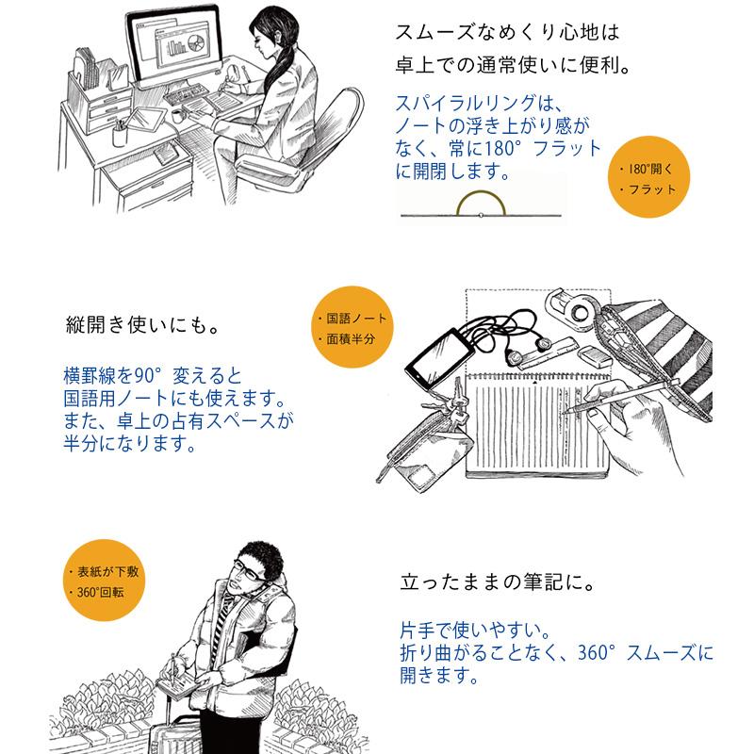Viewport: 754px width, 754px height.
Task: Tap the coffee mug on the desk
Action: click(x=177, y=114)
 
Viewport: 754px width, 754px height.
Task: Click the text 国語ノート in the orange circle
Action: click(x=351, y=319)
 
